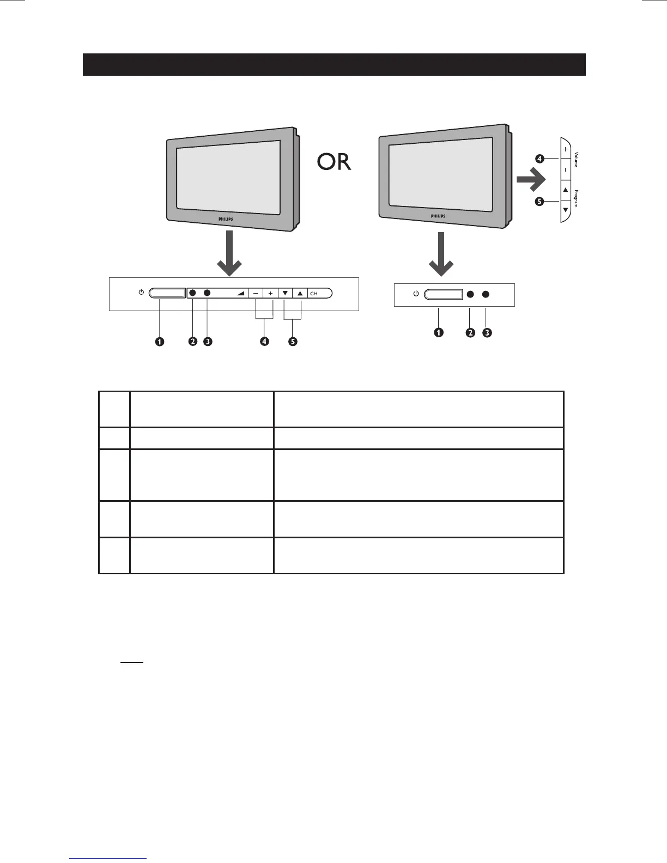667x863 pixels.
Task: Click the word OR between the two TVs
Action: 333,162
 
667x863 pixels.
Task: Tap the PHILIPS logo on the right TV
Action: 438,216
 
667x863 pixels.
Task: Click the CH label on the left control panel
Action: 314,294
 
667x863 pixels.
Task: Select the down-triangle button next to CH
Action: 285,293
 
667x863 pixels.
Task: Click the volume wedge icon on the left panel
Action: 240,293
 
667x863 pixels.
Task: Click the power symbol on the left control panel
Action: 141,293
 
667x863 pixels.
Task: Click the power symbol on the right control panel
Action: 416,294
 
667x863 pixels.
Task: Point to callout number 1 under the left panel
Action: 159,342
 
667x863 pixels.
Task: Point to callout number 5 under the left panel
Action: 293,342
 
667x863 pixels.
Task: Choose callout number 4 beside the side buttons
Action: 539,159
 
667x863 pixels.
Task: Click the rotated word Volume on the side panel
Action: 575,159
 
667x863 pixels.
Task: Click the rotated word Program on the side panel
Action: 575,198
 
